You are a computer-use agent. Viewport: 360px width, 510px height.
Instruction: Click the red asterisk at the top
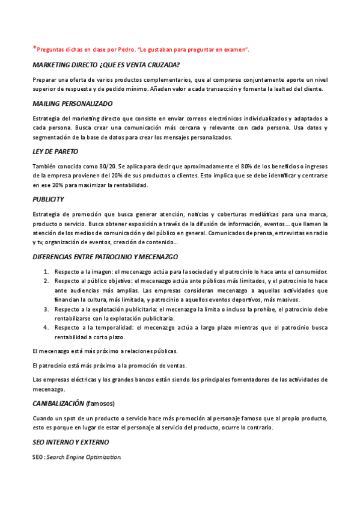pyautogui.click(x=34, y=48)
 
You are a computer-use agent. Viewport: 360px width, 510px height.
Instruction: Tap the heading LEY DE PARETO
pyautogui.click(x=55, y=151)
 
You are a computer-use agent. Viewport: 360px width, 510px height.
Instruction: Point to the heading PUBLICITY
pyautogui.click(x=48, y=199)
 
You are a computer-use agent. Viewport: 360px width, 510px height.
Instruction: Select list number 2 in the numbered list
pyautogui.click(x=46, y=281)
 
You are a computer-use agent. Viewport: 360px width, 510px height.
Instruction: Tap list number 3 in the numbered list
pyautogui.click(x=46, y=309)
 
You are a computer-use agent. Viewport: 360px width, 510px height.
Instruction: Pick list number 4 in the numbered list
pyautogui.click(x=46, y=328)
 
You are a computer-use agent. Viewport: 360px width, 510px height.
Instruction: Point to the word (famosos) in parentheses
pyautogui.click(x=100, y=403)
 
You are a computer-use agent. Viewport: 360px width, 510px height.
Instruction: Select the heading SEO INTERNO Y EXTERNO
pyautogui.click(x=70, y=442)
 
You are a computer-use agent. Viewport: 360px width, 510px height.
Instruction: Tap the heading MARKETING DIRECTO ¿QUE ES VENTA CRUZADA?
pyautogui.click(x=106, y=64)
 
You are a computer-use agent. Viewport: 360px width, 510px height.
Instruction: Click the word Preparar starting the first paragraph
pyautogui.click(x=44, y=79)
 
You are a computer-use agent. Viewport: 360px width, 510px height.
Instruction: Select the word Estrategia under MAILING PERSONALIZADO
pyautogui.click(x=46, y=118)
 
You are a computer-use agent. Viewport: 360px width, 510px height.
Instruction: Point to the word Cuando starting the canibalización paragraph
pyautogui.click(x=44, y=418)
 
